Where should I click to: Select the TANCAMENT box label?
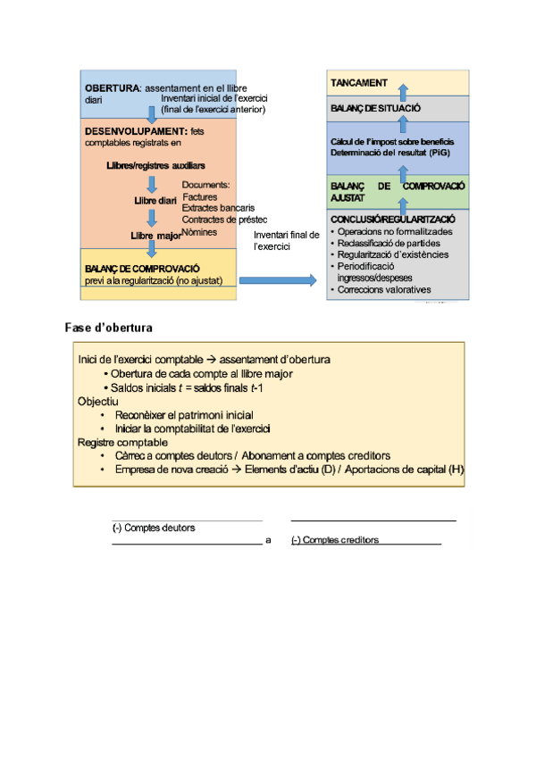point(359,83)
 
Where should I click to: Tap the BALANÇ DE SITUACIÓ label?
point(375,109)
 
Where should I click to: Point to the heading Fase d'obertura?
point(108,328)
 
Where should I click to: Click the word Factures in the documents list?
point(199,196)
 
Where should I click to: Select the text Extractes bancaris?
point(218,208)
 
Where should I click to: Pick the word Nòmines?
point(200,232)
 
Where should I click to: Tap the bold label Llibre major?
point(155,236)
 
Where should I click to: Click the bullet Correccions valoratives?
point(385,289)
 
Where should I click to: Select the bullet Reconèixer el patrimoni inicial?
point(184,415)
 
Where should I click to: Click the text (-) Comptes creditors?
point(335,540)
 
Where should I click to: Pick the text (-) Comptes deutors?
point(154,528)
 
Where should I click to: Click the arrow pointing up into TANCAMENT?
point(402,92)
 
